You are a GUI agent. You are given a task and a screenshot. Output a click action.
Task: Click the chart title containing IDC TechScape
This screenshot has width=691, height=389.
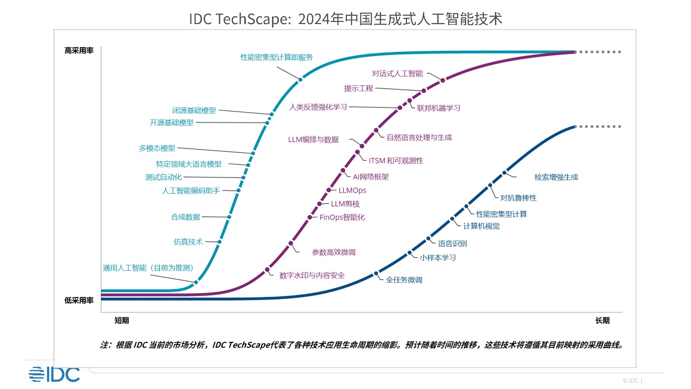[x=345, y=19]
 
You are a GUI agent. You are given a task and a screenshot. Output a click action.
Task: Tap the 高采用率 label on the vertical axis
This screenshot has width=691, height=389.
[x=79, y=51]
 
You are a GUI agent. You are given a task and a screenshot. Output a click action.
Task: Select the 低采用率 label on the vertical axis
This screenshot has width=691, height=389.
[x=79, y=301]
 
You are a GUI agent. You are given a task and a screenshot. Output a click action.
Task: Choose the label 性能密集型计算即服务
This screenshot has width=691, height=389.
[x=276, y=58]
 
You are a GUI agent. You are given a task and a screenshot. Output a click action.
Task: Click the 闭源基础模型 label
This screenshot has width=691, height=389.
[x=194, y=111]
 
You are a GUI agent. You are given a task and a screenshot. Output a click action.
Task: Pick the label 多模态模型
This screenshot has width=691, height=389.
[x=157, y=148]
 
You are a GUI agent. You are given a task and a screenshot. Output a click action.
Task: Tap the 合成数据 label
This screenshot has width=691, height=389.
[x=185, y=217]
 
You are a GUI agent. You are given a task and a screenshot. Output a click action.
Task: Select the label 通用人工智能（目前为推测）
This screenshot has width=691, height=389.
[x=149, y=268]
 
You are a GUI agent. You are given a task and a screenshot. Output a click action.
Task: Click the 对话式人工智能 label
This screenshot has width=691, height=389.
[x=398, y=74]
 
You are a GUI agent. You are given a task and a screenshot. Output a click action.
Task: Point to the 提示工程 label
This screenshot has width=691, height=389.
[x=358, y=88]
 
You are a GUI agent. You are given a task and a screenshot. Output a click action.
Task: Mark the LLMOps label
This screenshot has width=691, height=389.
[x=352, y=191]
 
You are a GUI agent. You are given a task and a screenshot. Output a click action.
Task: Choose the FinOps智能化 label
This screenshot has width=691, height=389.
[x=342, y=217]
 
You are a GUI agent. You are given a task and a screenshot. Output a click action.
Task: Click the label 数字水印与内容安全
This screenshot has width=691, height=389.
[x=312, y=275]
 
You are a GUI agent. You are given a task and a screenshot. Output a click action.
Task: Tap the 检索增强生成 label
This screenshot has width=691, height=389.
[x=556, y=177]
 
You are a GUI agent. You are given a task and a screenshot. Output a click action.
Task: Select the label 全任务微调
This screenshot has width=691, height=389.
[x=404, y=280]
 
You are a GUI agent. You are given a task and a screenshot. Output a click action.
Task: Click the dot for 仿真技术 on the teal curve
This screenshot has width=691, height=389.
[x=219, y=242]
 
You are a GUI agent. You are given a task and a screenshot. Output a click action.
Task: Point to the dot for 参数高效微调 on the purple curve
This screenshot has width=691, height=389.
[x=291, y=243]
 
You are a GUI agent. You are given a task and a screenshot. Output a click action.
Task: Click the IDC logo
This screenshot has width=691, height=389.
[x=54, y=374]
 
